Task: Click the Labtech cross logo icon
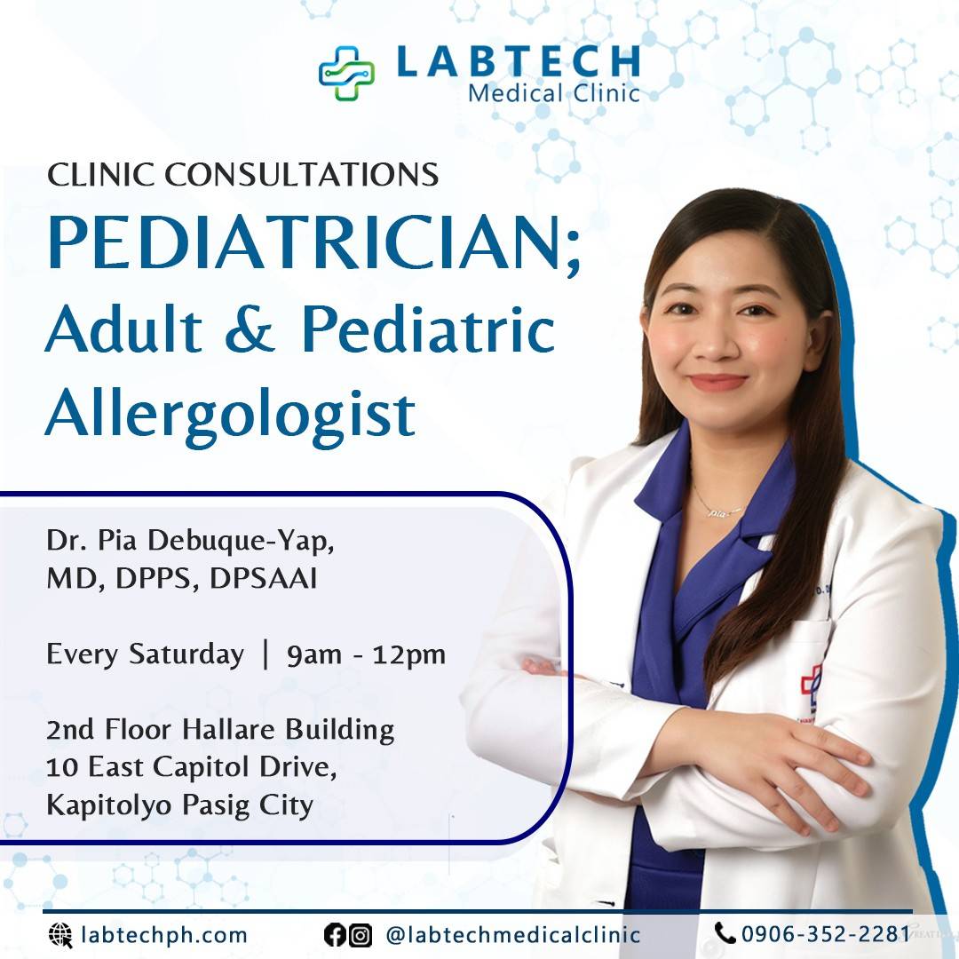coord(346,73)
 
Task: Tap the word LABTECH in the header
coord(518,60)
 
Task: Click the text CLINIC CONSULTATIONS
coord(242,175)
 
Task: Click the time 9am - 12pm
coord(366,655)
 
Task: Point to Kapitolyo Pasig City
coord(179,806)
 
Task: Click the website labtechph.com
coord(163,934)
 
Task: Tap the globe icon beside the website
coord(59,934)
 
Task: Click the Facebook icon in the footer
coord(335,934)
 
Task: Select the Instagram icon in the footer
coord(360,934)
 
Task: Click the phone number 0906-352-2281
coord(826,933)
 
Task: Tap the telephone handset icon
coord(725,932)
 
